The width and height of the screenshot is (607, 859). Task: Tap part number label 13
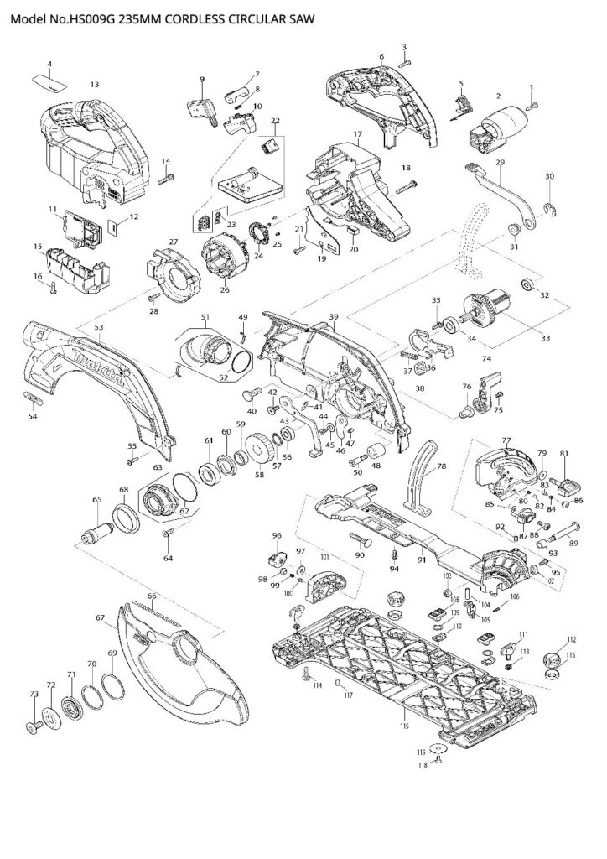tap(94, 85)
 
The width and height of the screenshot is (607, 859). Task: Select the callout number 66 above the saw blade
tap(152, 596)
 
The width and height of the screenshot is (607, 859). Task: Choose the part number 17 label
tap(356, 134)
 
